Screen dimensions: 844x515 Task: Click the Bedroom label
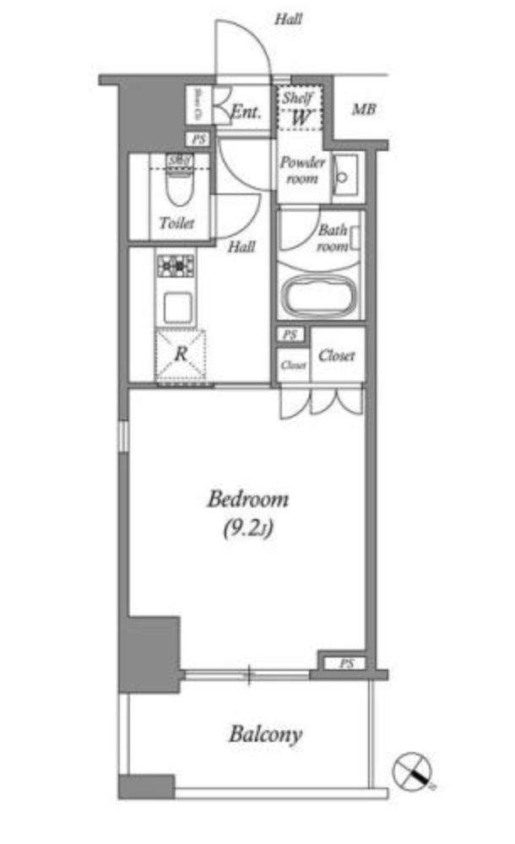click(247, 499)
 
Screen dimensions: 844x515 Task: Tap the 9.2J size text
click(247, 529)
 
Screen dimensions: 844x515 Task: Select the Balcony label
click(265, 733)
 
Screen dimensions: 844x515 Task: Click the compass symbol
click(412, 769)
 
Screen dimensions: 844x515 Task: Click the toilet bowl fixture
click(178, 187)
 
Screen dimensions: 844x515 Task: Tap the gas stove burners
click(175, 267)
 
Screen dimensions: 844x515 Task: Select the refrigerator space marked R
click(180, 355)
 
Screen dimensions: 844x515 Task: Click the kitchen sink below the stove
click(177, 306)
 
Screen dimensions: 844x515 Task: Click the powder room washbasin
click(344, 176)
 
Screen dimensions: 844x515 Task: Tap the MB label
click(364, 110)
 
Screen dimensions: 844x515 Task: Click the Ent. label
click(246, 110)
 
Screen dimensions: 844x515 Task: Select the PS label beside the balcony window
click(346, 663)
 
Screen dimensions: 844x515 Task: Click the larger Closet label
click(336, 355)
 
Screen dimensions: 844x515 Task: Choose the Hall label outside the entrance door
click(289, 19)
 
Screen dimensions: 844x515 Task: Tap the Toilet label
click(176, 224)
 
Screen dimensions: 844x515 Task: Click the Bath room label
click(333, 237)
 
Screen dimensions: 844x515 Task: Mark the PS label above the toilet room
click(199, 140)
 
